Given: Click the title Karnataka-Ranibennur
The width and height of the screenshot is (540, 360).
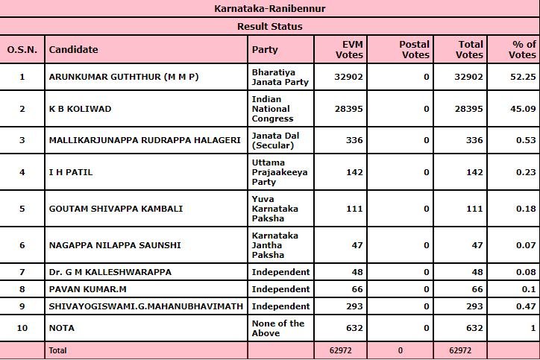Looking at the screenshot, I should (269, 8).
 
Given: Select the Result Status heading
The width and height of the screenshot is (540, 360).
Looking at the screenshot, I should (269, 26).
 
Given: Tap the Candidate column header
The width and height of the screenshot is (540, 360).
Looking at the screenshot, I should (73, 50).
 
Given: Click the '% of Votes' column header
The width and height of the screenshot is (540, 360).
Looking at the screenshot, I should (522, 50).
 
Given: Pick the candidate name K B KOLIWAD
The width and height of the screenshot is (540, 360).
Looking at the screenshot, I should (80, 109).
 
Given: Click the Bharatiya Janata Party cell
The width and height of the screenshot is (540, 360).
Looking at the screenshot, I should (279, 77).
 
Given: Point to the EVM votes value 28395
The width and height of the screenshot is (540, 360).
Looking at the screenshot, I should (348, 109).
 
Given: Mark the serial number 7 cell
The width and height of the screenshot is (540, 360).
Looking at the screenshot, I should (22, 272).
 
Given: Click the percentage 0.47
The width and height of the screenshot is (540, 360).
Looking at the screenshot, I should (526, 306).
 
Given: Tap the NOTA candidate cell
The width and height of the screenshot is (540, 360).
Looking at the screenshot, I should (61, 328).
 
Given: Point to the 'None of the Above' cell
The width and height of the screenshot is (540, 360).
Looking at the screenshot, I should (278, 328).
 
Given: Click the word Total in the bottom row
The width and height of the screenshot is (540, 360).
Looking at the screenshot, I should (57, 350).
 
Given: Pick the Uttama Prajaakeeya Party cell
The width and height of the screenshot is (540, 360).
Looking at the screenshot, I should (280, 172).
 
